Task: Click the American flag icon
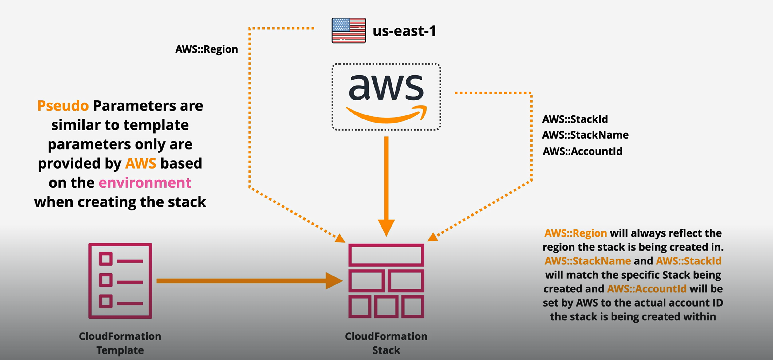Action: (x=349, y=30)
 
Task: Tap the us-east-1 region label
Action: (x=404, y=31)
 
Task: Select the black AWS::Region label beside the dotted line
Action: (x=207, y=49)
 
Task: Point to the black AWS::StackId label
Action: (x=575, y=119)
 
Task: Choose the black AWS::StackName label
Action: (x=585, y=135)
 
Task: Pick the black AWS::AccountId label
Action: (x=582, y=151)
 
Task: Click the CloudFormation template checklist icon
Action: (x=120, y=280)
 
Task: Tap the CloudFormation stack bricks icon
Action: (x=386, y=280)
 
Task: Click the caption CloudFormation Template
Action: (x=120, y=343)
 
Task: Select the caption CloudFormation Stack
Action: (x=386, y=343)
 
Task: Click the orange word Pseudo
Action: (x=63, y=106)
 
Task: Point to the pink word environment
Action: (x=145, y=183)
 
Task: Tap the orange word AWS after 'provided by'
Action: (x=141, y=163)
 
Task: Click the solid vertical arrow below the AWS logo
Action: (x=386, y=184)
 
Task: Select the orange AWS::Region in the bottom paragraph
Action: (x=576, y=233)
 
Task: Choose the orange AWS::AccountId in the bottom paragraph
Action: (x=647, y=289)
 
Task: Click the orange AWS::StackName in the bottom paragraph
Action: (x=588, y=261)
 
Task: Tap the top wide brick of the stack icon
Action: (x=386, y=255)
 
